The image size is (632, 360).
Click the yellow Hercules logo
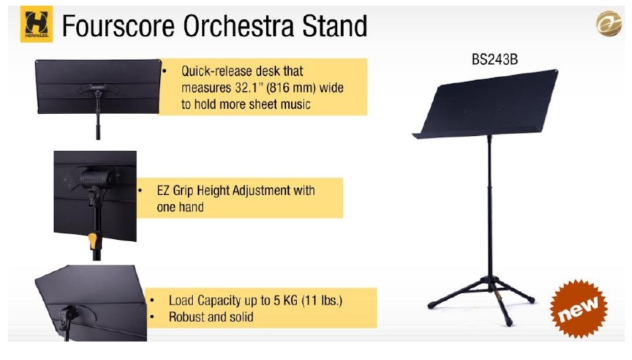(x=36, y=24)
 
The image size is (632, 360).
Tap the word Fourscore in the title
(x=118, y=26)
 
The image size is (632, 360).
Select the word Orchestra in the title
(x=238, y=26)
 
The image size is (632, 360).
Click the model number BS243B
(x=495, y=60)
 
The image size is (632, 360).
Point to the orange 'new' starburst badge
(x=579, y=309)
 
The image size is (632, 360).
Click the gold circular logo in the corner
(x=609, y=23)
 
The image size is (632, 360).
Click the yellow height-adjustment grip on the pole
(x=93, y=240)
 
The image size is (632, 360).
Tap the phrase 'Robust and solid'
(x=211, y=317)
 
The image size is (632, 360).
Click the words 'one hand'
(x=180, y=207)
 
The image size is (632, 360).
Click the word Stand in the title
(x=335, y=26)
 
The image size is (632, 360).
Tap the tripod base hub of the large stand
(x=490, y=281)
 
